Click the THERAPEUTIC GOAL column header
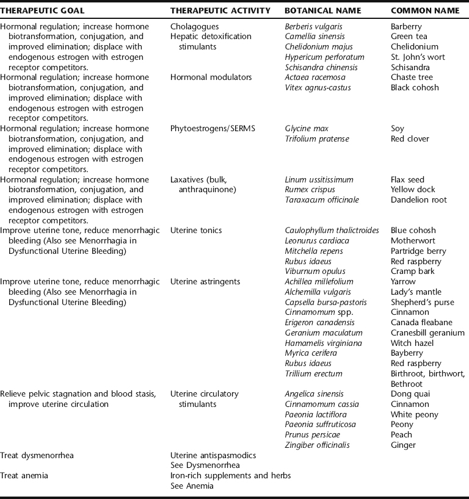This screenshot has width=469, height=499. click(x=42, y=11)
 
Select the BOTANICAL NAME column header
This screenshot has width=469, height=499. click(x=322, y=11)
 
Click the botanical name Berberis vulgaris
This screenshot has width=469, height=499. click(x=313, y=27)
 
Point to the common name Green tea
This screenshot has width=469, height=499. click(x=410, y=37)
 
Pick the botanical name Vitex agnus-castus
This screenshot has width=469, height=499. click(x=319, y=88)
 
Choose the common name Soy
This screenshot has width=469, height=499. click(x=397, y=129)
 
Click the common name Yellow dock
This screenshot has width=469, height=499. click(x=413, y=190)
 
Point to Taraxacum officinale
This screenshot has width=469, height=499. click(x=322, y=200)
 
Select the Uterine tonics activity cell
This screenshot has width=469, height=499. click(x=196, y=231)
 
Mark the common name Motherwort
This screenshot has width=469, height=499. click(x=412, y=241)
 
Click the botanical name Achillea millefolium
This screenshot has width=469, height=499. click(x=319, y=282)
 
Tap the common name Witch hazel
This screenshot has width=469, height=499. click(x=412, y=343)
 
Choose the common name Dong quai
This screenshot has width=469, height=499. click(x=410, y=394)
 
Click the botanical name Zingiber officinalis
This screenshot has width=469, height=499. click(x=317, y=445)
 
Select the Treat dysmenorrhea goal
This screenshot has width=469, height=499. click(x=37, y=455)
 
